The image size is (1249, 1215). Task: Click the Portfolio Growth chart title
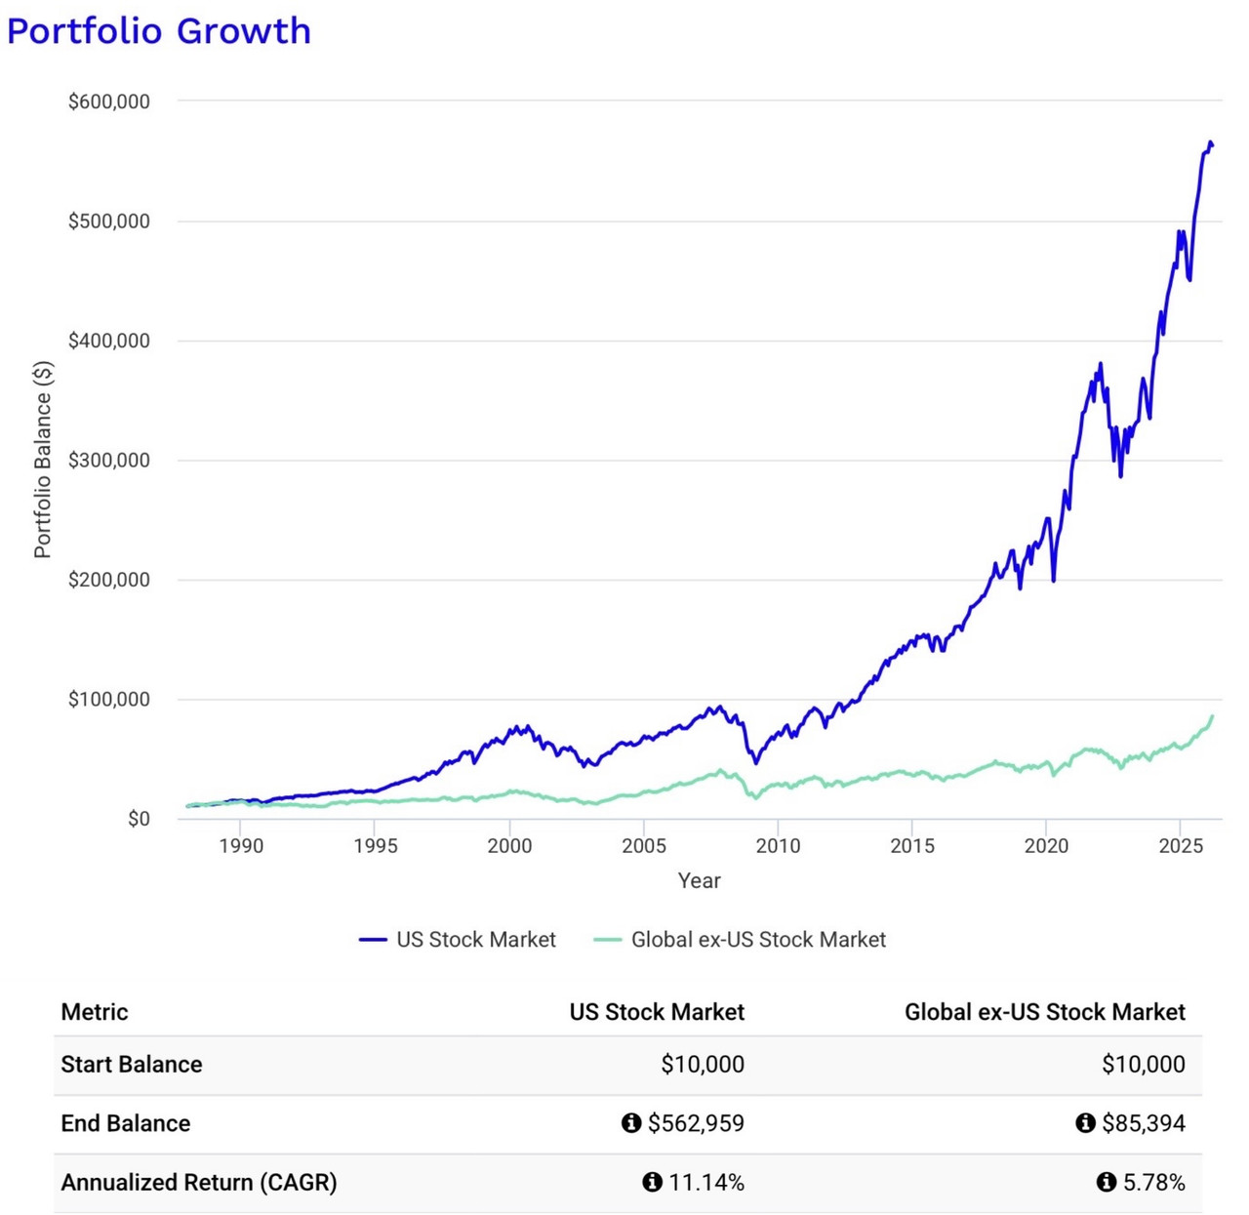pos(159,31)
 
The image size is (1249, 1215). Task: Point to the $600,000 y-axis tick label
pos(109,101)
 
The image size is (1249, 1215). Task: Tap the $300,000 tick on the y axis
pos(109,461)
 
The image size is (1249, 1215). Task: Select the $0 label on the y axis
pos(139,819)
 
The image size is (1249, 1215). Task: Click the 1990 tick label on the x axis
pos(241,846)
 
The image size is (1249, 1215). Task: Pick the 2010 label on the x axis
pos(778,846)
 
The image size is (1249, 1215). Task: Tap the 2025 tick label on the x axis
pos(1181,846)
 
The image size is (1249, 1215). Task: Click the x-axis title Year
pos(699,880)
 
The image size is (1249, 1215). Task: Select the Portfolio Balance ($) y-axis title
pos(43,460)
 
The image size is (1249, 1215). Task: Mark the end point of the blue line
pos(1212,145)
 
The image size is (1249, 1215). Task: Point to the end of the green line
pos(1213,716)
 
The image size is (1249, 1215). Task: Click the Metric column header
pos(95,1012)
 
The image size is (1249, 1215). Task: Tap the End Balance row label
pos(126,1123)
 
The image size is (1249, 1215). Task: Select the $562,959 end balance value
pos(696,1123)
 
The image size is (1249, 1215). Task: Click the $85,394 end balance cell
pos(1143,1123)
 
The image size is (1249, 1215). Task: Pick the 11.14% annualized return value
pos(705,1183)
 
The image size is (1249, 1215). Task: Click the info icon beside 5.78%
pos(1106,1183)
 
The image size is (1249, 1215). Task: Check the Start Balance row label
pos(132,1065)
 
